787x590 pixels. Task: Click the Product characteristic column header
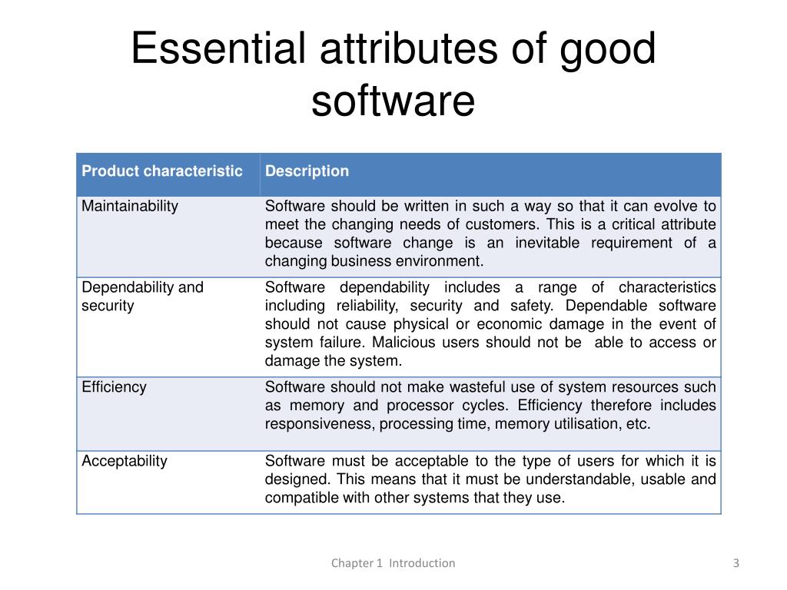click(162, 171)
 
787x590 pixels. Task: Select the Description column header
click(307, 171)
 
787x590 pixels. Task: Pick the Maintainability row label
click(130, 206)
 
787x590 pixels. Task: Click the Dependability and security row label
click(142, 297)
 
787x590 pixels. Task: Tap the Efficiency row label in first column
click(114, 387)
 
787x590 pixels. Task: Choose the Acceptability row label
click(125, 461)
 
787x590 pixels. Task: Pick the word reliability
click(361, 306)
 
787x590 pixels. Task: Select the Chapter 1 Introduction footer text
click(393, 563)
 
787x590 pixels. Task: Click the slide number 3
click(736, 563)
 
